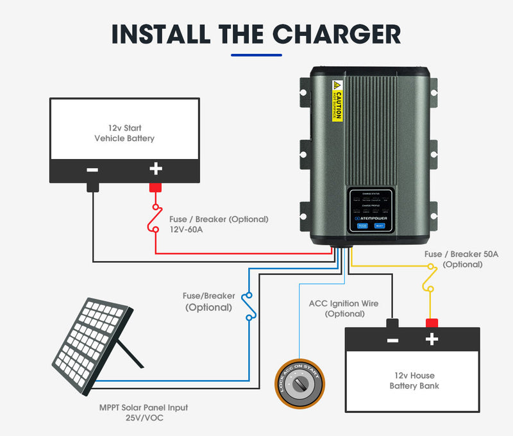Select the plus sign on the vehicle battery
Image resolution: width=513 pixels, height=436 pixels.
(x=155, y=170)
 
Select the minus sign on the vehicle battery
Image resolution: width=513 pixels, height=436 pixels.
(x=92, y=170)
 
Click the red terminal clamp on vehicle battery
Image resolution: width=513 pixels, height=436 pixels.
(x=155, y=188)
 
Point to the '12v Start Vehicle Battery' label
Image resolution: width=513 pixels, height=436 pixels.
(x=124, y=133)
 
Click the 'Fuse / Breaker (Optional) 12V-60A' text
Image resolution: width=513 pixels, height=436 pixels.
(x=219, y=224)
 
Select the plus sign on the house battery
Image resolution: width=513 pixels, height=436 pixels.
(x=432, y=339)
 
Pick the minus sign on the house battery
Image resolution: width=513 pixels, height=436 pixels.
(x=392, y=339)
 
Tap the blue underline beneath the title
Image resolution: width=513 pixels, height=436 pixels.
(x=256, y=55)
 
